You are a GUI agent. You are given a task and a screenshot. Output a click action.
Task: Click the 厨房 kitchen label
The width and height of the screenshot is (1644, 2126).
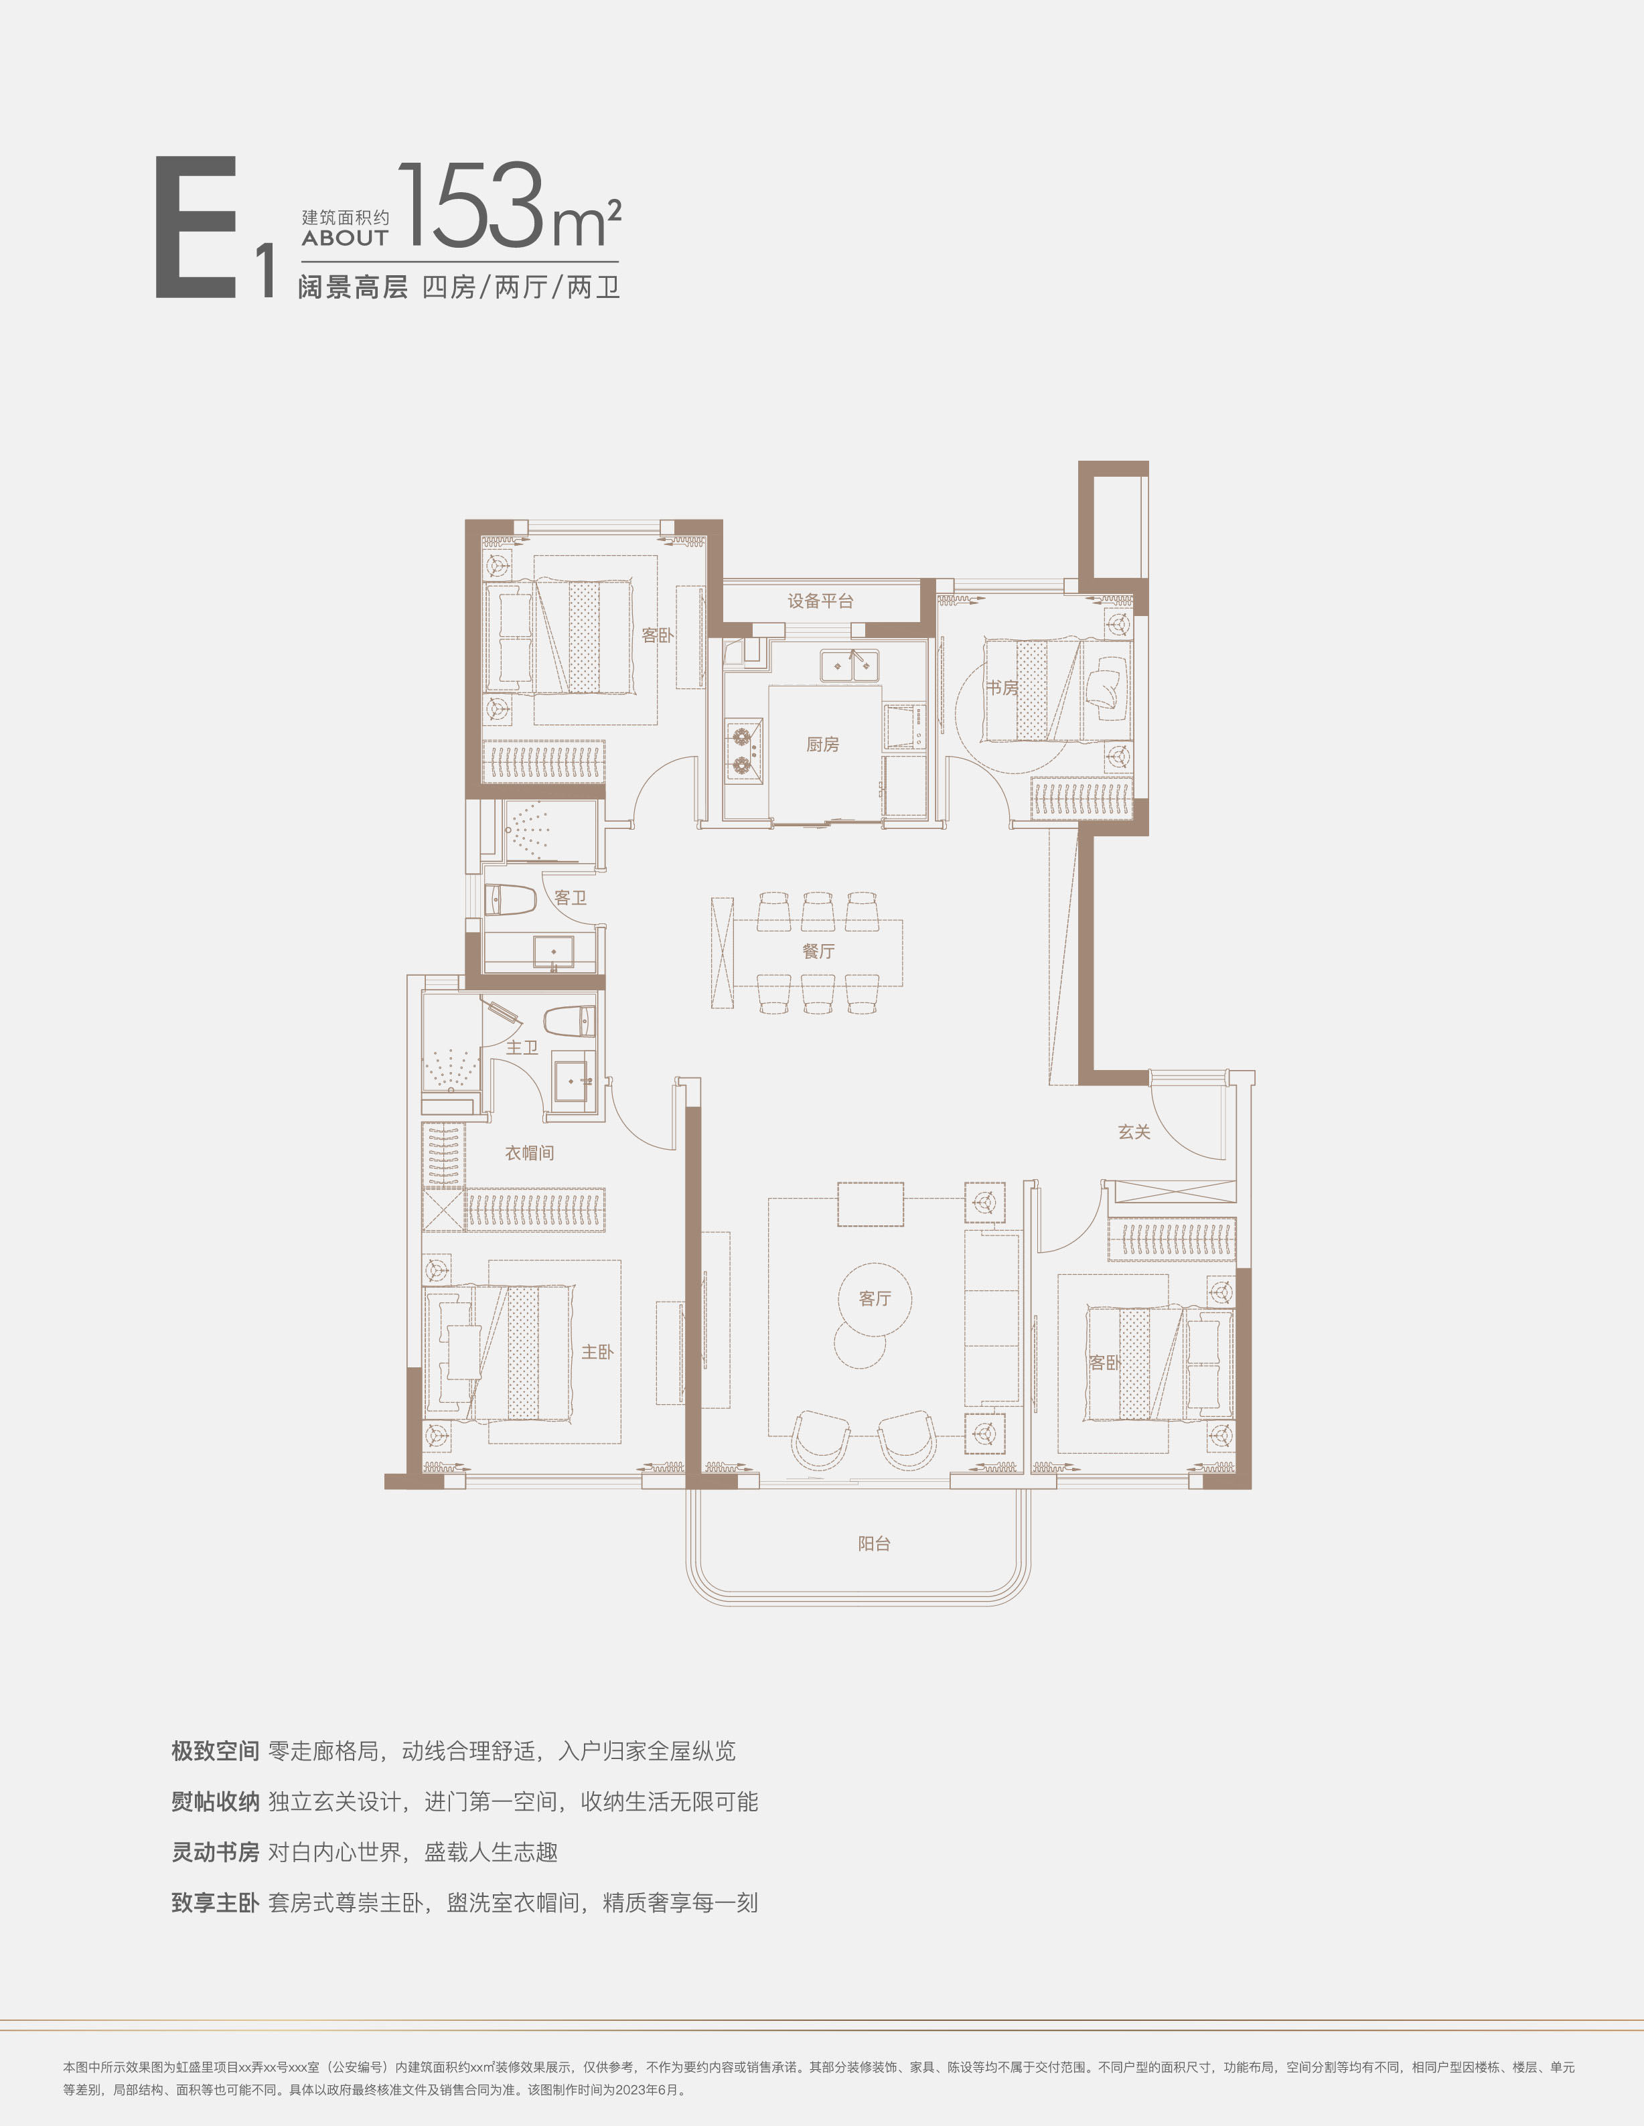point(822,745)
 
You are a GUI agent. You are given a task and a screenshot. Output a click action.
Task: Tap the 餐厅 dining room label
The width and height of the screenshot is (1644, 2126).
point(818,951)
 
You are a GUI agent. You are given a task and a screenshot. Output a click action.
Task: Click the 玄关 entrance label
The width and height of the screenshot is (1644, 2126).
point(1134,1132)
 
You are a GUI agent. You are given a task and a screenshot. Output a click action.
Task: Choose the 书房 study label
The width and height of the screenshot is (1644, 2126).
point(1002,688)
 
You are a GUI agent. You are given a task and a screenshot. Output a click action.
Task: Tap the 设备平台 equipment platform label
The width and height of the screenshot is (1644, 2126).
point(820,601)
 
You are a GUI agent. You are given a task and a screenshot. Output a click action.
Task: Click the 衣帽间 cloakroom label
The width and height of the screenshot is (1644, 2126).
point(530,1152)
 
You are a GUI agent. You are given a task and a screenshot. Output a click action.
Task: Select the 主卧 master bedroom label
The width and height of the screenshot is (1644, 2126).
point(597,1352)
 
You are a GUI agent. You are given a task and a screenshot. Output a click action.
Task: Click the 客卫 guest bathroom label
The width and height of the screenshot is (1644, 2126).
point(571,897)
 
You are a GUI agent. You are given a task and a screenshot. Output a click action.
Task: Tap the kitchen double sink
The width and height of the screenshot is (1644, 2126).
point(848,665)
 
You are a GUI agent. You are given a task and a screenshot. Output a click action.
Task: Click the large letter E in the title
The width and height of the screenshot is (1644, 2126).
point(197,227)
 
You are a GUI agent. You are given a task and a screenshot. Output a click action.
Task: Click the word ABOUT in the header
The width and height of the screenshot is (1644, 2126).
point(345,238)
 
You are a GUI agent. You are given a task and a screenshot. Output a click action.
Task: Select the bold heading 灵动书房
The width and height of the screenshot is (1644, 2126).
point(215,1852)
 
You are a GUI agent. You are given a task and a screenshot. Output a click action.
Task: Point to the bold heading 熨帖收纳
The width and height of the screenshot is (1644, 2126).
point(215,1802)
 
